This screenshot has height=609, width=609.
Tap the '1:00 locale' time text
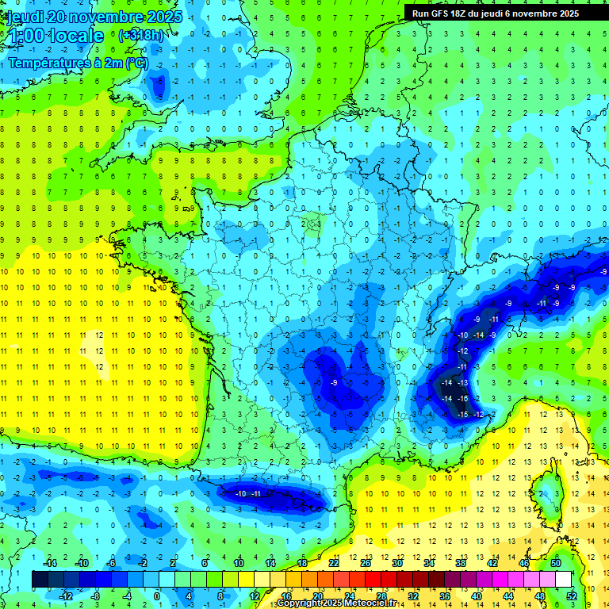[53, 36]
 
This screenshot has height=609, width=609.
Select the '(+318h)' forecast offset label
[141, 35]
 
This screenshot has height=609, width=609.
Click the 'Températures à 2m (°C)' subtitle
[78, 63]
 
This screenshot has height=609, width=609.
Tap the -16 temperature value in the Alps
[463, 398]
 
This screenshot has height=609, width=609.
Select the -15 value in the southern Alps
[463, 414]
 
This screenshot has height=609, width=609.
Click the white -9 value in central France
[334, 383]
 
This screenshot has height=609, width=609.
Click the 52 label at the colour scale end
[572, 596]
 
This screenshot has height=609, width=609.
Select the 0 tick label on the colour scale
[156, 596]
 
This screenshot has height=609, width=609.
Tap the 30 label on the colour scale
[396, 562]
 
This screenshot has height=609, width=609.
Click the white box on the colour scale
[563, 579]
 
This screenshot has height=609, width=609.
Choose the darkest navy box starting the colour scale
[39, 579]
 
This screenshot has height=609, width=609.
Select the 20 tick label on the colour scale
[316, 596]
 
